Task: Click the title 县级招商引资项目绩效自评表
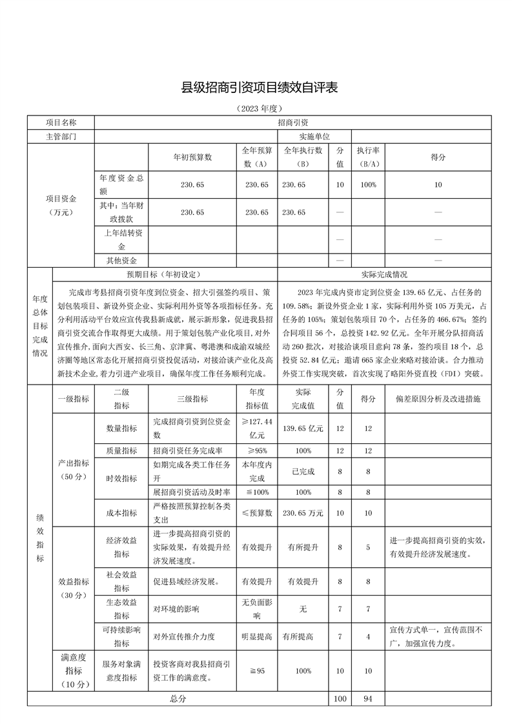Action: (256, 86)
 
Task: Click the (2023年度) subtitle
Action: (256, 108)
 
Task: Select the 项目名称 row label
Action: (61, 121)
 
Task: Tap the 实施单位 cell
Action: (314, 136)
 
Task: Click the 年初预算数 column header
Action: (192, 157)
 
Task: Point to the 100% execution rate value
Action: (368, 185)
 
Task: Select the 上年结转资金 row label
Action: (121, 239)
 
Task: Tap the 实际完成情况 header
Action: (384, 274)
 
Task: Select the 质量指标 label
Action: (121, 450)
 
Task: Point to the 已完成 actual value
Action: (303, 472)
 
